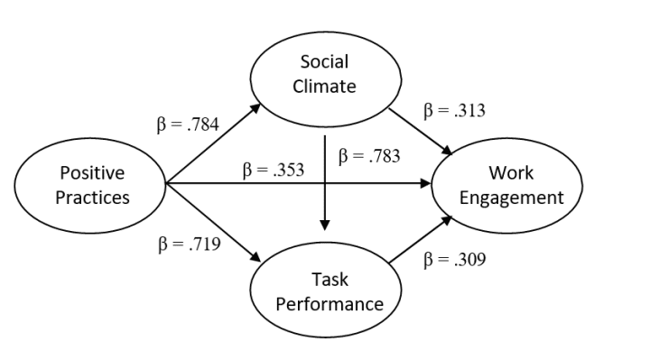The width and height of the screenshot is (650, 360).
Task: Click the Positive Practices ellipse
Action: point(90,185)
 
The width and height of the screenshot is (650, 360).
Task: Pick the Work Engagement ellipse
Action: point(511,185)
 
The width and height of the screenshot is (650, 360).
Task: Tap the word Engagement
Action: point(511,198)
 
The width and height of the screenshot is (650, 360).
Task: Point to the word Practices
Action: point(90,198)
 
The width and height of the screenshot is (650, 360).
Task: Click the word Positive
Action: point(90,172)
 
